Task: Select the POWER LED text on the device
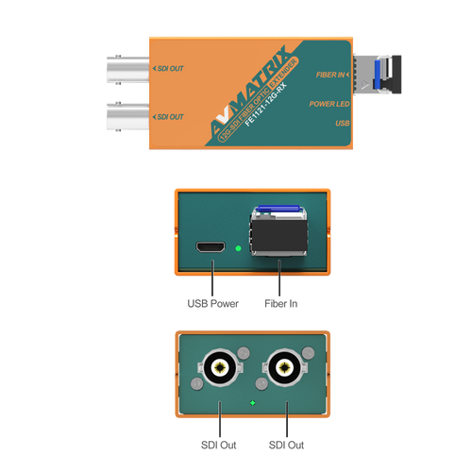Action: [329, 104]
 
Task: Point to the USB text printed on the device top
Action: [343, 123]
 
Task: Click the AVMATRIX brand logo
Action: [248, 90]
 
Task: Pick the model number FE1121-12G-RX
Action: [266, 104]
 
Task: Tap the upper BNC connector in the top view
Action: [127, 70]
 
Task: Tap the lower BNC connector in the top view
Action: [127, 116]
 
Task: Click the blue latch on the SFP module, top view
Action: [378, 75]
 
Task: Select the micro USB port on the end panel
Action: [211, 247]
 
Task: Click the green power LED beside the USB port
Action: [238, 248]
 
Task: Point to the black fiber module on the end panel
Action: [278, 235]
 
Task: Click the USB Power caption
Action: [212, 304]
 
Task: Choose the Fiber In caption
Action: [281, 304]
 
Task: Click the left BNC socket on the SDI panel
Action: [220, 367]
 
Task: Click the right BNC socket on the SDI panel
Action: [285, 367]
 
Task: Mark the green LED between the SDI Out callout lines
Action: [252, 403]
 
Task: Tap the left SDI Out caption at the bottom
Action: [219, 446]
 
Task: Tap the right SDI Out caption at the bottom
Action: [286, 446]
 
